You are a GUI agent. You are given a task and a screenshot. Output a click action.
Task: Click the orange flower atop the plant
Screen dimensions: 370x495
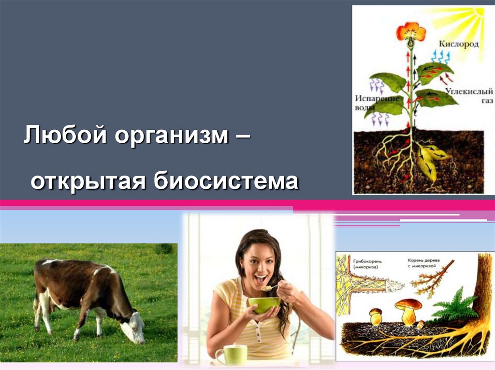click(x=411, y=32)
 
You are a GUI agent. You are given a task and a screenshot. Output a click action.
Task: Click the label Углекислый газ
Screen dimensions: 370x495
click(x=462, y=96)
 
